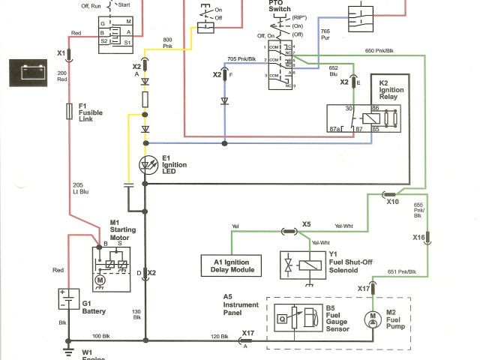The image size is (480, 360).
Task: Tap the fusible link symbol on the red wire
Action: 70,112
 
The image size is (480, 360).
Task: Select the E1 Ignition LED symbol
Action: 147,164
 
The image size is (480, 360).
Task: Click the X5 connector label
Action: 306,224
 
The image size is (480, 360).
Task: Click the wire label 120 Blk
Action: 220,335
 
